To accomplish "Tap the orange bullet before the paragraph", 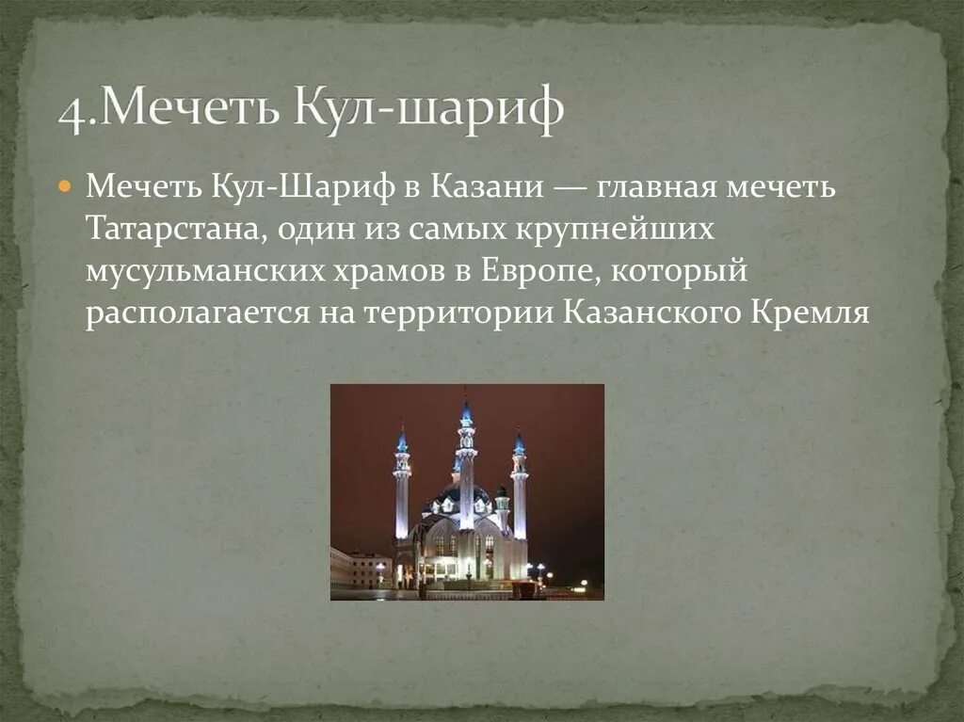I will (x=65, y=186).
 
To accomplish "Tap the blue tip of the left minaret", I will (x=402, y=441).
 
